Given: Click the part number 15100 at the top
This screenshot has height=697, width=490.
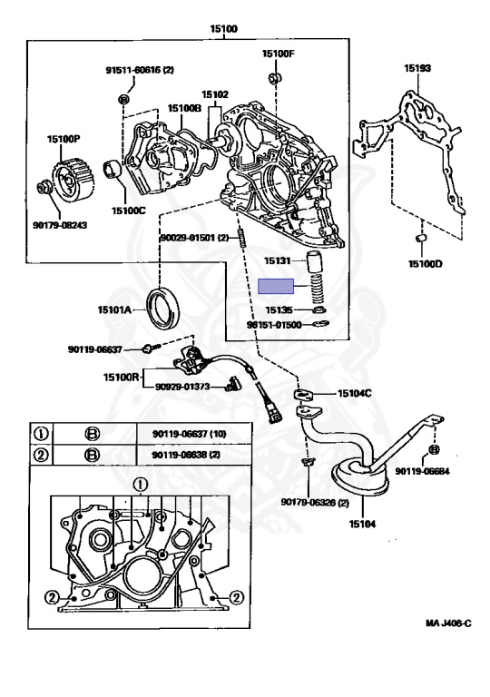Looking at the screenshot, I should point(222,29).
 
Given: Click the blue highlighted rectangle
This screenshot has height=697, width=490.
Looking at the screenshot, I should point(278,287).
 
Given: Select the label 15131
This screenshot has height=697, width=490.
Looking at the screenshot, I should point(278,260).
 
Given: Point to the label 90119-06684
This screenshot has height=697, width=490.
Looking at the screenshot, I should point(433,470).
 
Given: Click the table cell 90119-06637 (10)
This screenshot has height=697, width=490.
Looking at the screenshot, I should point(183,433).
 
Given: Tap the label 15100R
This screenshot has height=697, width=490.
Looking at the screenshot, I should point(121,376).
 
